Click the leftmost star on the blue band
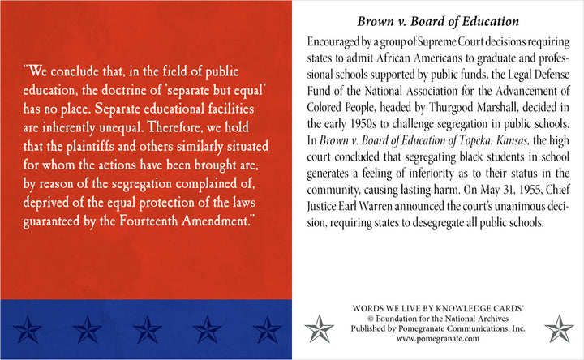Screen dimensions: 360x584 click(29, 328)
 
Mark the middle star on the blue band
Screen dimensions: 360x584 click(148, 328)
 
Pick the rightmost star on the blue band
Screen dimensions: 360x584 click(266, 328)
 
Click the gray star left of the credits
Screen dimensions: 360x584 click(319, 328)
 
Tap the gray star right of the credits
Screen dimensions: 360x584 click(559, 328)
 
